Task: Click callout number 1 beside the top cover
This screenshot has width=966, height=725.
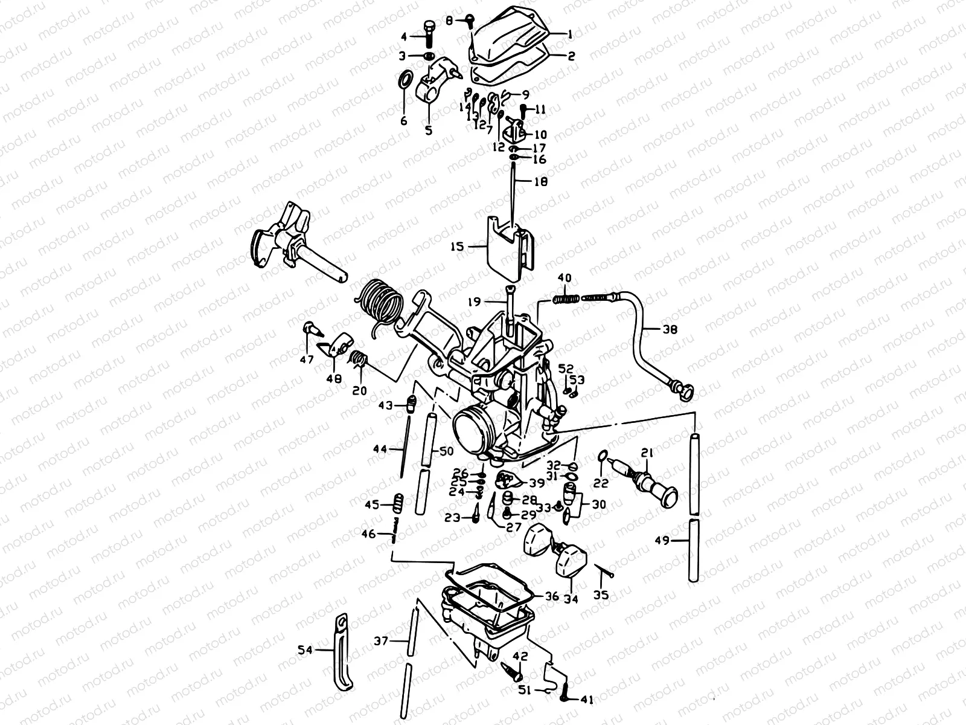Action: (x=568, y=34)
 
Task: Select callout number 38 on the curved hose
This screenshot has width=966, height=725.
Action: (x=670, y=330)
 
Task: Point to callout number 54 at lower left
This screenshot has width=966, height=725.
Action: (x=305, y=650)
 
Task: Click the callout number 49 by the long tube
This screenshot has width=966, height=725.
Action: (x=662, y=541)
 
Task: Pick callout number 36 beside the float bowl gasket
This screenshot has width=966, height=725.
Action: (x=552, y=596)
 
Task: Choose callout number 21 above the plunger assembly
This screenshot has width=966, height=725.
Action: (x=647, y=453)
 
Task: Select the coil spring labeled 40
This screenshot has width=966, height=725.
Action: (x=567, y=298)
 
